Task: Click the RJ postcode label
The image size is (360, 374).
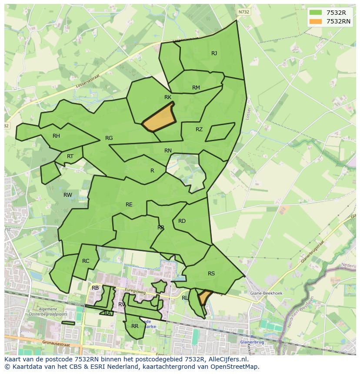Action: (214, 53)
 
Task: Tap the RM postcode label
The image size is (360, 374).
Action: (196, 88)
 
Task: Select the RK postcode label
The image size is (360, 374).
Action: (168, 97)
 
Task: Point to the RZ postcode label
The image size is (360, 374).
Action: (199, 129)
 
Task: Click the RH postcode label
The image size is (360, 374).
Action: (56, 136)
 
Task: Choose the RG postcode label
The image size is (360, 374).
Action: (109, 138)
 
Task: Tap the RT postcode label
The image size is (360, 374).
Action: (70, 156)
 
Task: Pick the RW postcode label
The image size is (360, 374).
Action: (68, 195)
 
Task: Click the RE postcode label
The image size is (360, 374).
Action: (129, 205)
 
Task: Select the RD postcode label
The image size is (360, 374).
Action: (182, 221)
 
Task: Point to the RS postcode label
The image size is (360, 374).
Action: (211, 274)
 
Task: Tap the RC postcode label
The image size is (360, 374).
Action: (86, 261)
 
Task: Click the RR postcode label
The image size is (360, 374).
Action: (135, 326)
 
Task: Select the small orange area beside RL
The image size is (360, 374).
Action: (203, 298)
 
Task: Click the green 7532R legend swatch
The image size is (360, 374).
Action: (316, 13)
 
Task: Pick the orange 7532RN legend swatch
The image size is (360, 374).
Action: (316, 21)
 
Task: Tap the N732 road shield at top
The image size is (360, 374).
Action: (244, 12)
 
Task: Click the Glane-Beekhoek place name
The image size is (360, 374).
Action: (266, 293)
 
